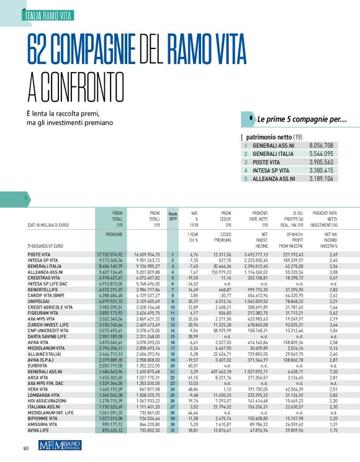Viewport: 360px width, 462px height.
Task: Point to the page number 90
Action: click(27, 449)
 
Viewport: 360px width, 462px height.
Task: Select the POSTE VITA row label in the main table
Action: click(38, 255)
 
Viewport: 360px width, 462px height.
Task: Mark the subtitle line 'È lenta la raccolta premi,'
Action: click(67, 114)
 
